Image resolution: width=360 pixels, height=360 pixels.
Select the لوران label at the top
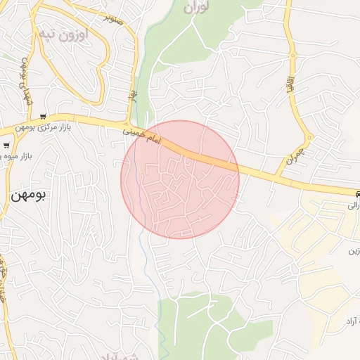197,8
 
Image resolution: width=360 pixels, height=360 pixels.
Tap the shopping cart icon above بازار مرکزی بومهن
44,117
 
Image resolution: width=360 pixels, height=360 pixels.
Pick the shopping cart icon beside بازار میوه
6,146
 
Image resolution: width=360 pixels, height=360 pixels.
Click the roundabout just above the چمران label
307,136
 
